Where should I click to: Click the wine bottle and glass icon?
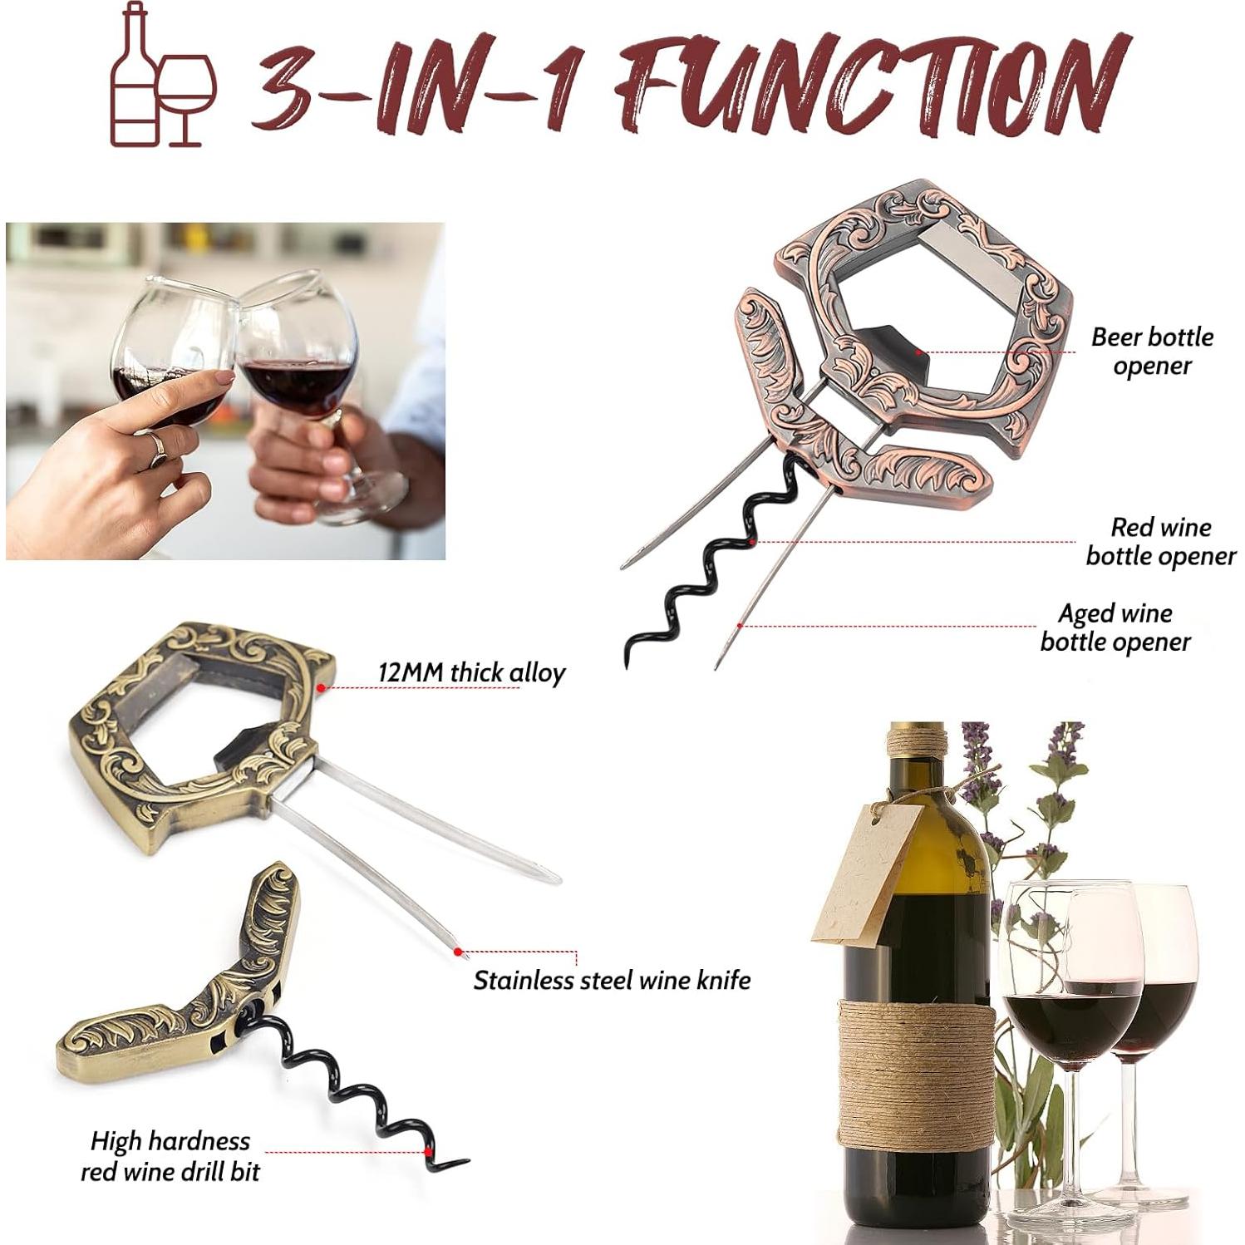163,76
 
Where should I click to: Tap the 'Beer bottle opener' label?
1152,351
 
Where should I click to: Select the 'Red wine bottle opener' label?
1160,541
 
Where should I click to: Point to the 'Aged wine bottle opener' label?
1115,627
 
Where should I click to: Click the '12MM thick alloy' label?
471,672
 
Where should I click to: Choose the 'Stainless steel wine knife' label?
612,981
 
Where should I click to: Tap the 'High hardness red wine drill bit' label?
170,1156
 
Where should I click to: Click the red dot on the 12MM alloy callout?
321,688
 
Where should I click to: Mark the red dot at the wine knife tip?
457,952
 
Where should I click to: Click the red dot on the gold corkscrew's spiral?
428,1152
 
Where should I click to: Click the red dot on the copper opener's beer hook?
918,352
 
